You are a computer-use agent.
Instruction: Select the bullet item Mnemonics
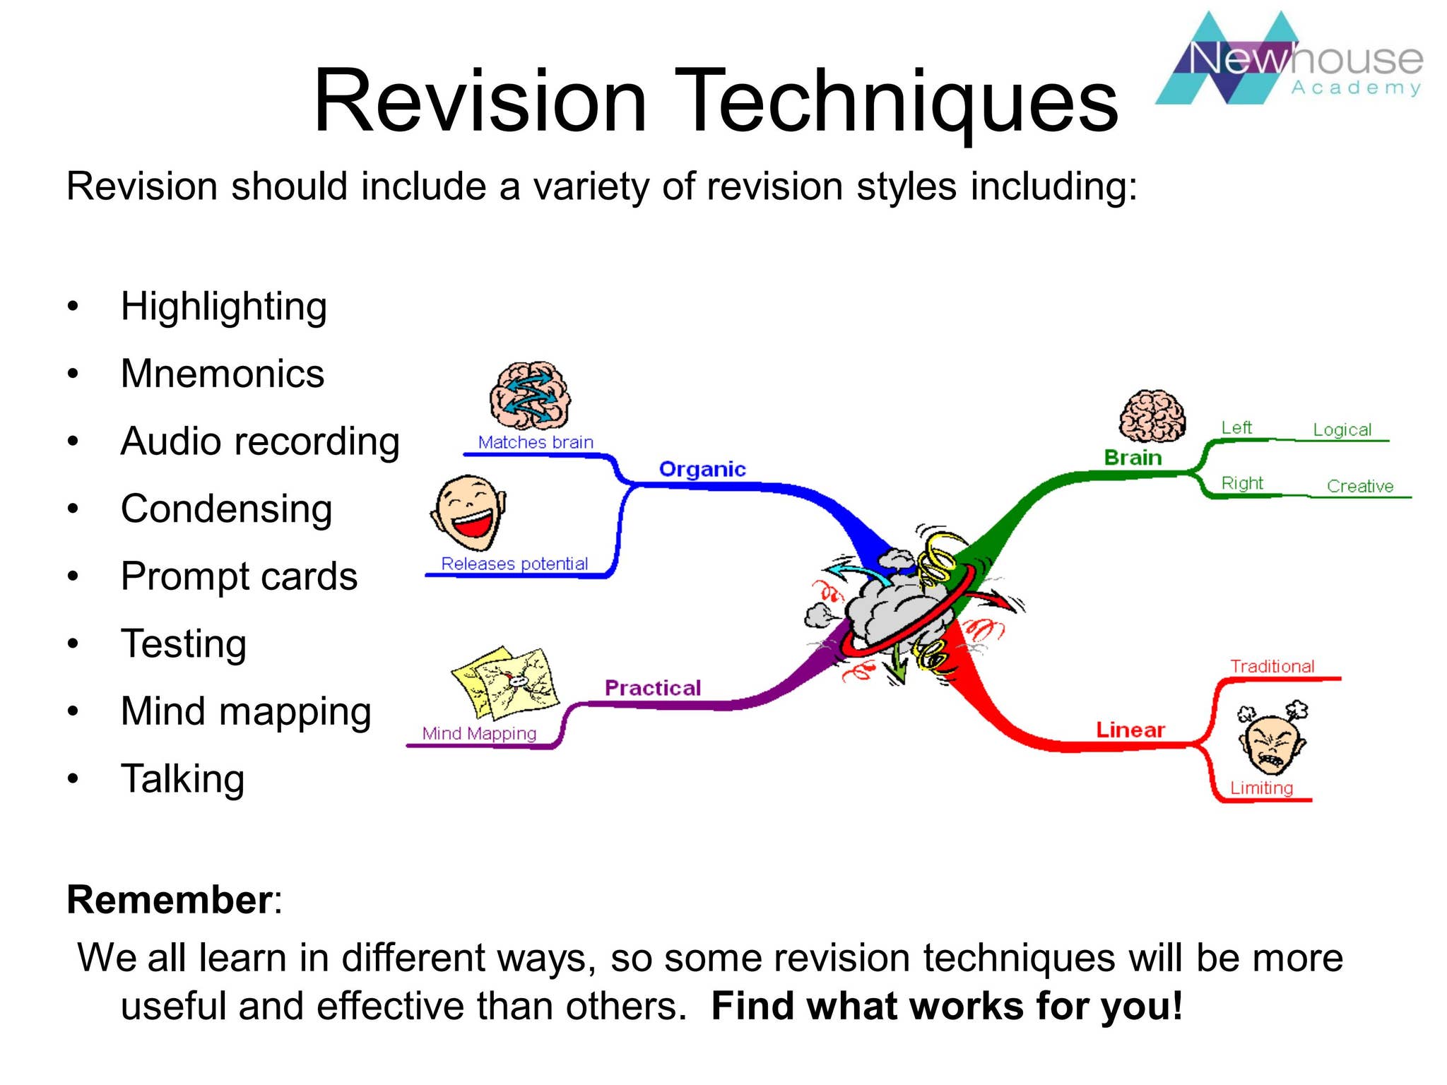click(x=222, y=374)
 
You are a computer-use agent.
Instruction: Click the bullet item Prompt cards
click(x=239, y=576)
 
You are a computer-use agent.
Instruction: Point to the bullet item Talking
click(x=182, y=779)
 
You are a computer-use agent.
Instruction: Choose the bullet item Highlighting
click(x=223, y=307)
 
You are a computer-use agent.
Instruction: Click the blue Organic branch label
click(x=702, y=469)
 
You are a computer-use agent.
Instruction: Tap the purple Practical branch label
click(x=652, y=688)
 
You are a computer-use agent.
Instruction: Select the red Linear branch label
click(x=1130, y=730)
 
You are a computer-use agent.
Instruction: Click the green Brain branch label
click(x=1133, y=458)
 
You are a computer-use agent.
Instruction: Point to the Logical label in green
click(x=1342, y=429)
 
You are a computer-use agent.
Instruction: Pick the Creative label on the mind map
click(x=1359, y=486)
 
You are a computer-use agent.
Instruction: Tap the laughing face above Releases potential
click(x=468, y=513)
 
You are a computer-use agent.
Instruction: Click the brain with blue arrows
click(x=530, y=396)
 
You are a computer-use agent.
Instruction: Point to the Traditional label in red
click(x=1272, y=666)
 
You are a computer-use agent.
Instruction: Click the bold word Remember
click(x=169, y=900)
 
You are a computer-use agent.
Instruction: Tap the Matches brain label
click(x=536, y=442)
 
